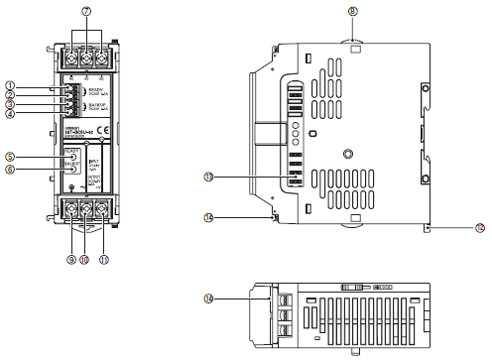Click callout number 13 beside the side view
point(236,177)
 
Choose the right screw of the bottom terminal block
point(102,208)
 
